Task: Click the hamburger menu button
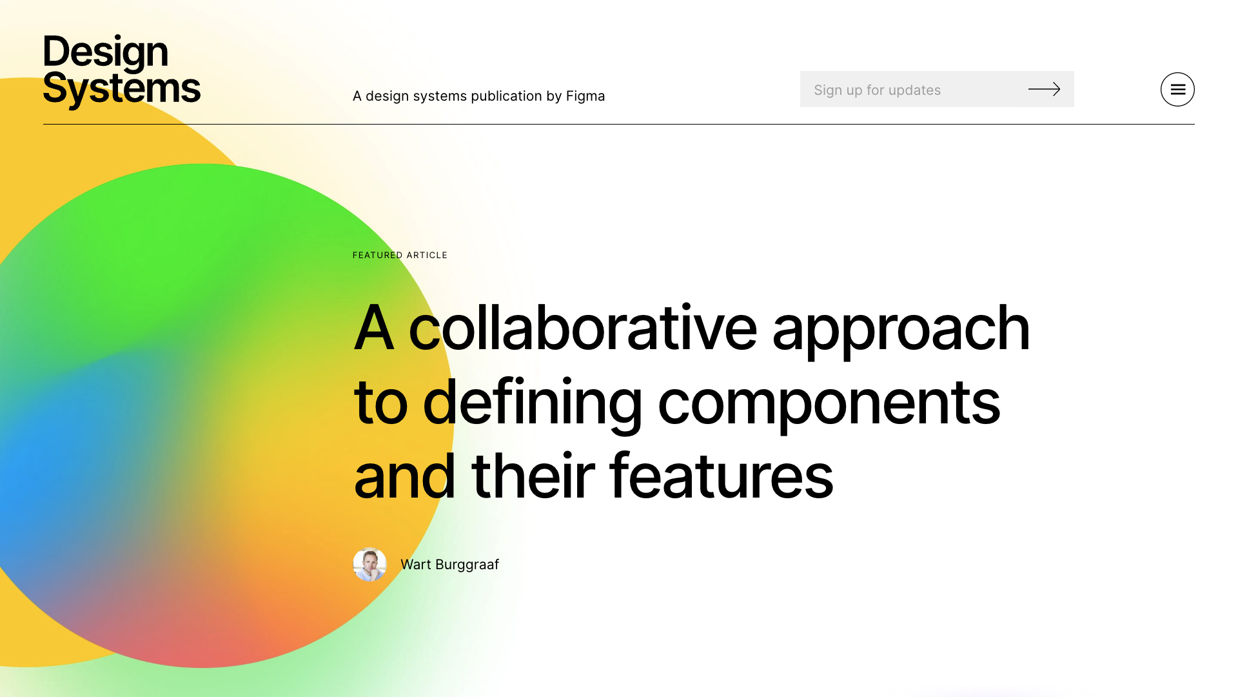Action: pos(1177,89)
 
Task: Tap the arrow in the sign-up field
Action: pos(1044,89)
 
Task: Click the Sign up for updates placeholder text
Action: pos(877,90)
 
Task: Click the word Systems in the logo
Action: pos(122,89)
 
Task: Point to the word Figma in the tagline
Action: pos(585,96)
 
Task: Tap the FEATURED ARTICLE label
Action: pos(400,256)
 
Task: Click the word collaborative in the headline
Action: pos(583,328)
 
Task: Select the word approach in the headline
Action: pos(901,330)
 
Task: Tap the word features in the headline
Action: pos(721,476)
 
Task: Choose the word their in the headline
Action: pos(533,476)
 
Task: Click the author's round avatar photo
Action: pos(369,565)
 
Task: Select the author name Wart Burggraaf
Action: pos(449,565)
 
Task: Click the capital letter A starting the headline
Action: pos(373,328)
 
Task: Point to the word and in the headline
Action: pos(405,476)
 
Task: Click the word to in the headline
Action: pos(380,404)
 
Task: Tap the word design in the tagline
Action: pos(384,96)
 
